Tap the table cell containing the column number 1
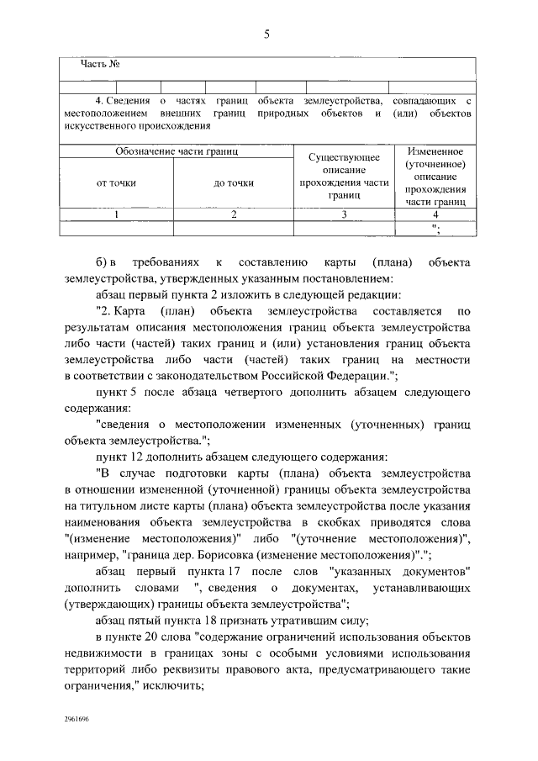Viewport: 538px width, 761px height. [x=117, y=214]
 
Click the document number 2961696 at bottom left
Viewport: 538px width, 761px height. [x=79, y=721]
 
